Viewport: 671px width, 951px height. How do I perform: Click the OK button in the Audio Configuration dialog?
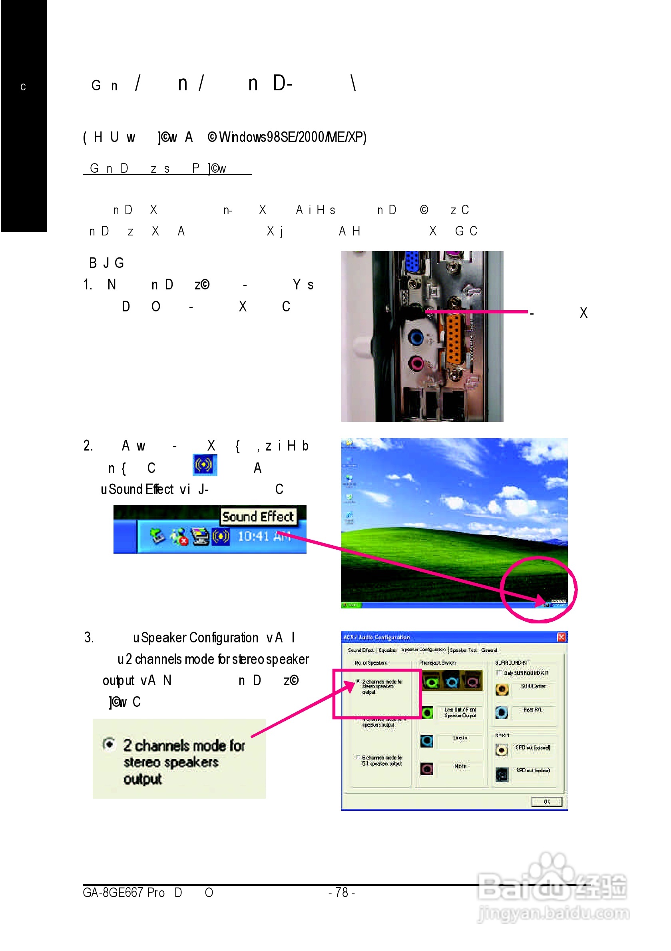(x=546, y=801)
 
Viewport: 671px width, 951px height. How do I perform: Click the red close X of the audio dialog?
(x=561, y=637)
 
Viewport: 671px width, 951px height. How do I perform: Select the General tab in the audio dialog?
(x=489, y=650)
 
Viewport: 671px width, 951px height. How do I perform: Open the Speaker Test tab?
(x=463, y=650)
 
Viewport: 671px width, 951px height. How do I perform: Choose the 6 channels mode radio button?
(x=357, y=757)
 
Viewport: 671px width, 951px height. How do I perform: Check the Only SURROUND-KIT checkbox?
(x=500, y=672)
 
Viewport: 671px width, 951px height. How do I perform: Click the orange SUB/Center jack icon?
(x=502, y=689)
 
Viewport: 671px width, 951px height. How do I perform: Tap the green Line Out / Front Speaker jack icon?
(x=427, y=712)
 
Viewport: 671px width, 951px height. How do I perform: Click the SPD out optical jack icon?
(x=502, y=774)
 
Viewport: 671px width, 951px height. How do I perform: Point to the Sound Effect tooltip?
(x=258, y=516)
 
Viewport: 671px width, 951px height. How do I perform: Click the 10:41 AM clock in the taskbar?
(x=263, y=536)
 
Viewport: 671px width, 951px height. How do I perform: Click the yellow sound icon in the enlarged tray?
(x=221, y=536)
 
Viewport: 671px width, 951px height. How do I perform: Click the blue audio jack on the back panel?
(x=416, y=337)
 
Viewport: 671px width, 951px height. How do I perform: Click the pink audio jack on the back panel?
(x=416, y=364)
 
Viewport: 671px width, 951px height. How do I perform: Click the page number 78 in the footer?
(x=341, y=892)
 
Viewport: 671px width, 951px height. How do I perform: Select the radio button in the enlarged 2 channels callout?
(x=109, y=744)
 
